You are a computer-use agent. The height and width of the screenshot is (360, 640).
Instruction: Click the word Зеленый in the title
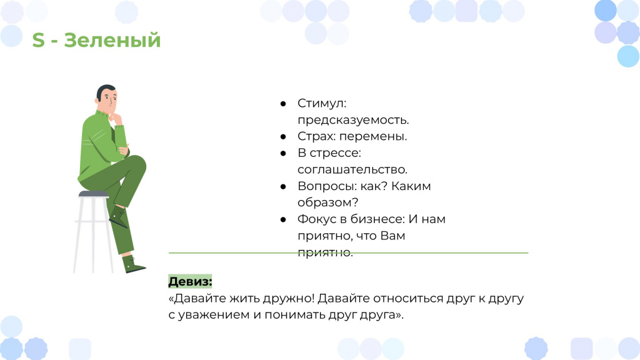tap(112, 41)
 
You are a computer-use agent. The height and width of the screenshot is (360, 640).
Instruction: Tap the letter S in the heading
tap(38, 41)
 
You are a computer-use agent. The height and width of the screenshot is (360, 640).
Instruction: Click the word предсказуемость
tap(353, 121)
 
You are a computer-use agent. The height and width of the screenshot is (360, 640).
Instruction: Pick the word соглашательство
tap(352, 170)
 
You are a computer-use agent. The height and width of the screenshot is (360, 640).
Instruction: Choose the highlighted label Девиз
tap(190, 282)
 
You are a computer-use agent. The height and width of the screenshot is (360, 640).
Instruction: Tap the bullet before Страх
tap(283, 137)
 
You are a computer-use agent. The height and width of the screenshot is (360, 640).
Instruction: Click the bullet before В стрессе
tap(283, 154)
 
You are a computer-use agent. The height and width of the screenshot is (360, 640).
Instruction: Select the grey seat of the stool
tap(94, 194)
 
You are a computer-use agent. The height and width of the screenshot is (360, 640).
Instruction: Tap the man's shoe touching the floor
tap(133, 264)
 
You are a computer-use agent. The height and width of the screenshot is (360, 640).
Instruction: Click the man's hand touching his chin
tap(117, 118)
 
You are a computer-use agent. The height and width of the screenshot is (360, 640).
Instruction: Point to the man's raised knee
tap(138, 162)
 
